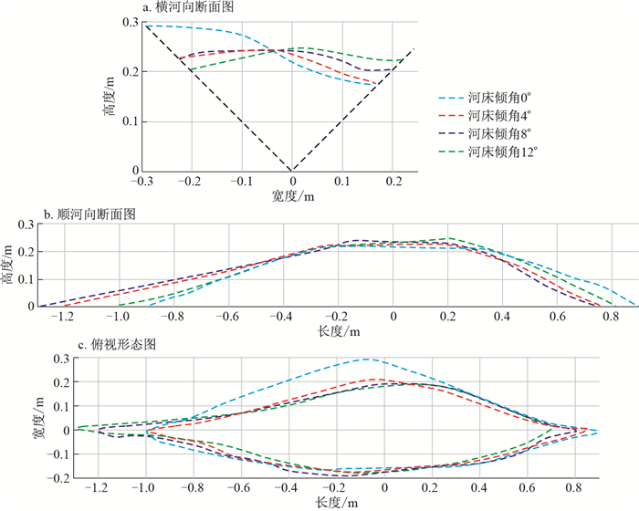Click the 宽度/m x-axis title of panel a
[x=293, y=195]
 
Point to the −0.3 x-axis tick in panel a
[x=142, y=182]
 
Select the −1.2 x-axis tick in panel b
[x=61, y=318]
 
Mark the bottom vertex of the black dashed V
[x=292, y=171]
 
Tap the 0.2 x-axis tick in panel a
[x=393, y=182]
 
